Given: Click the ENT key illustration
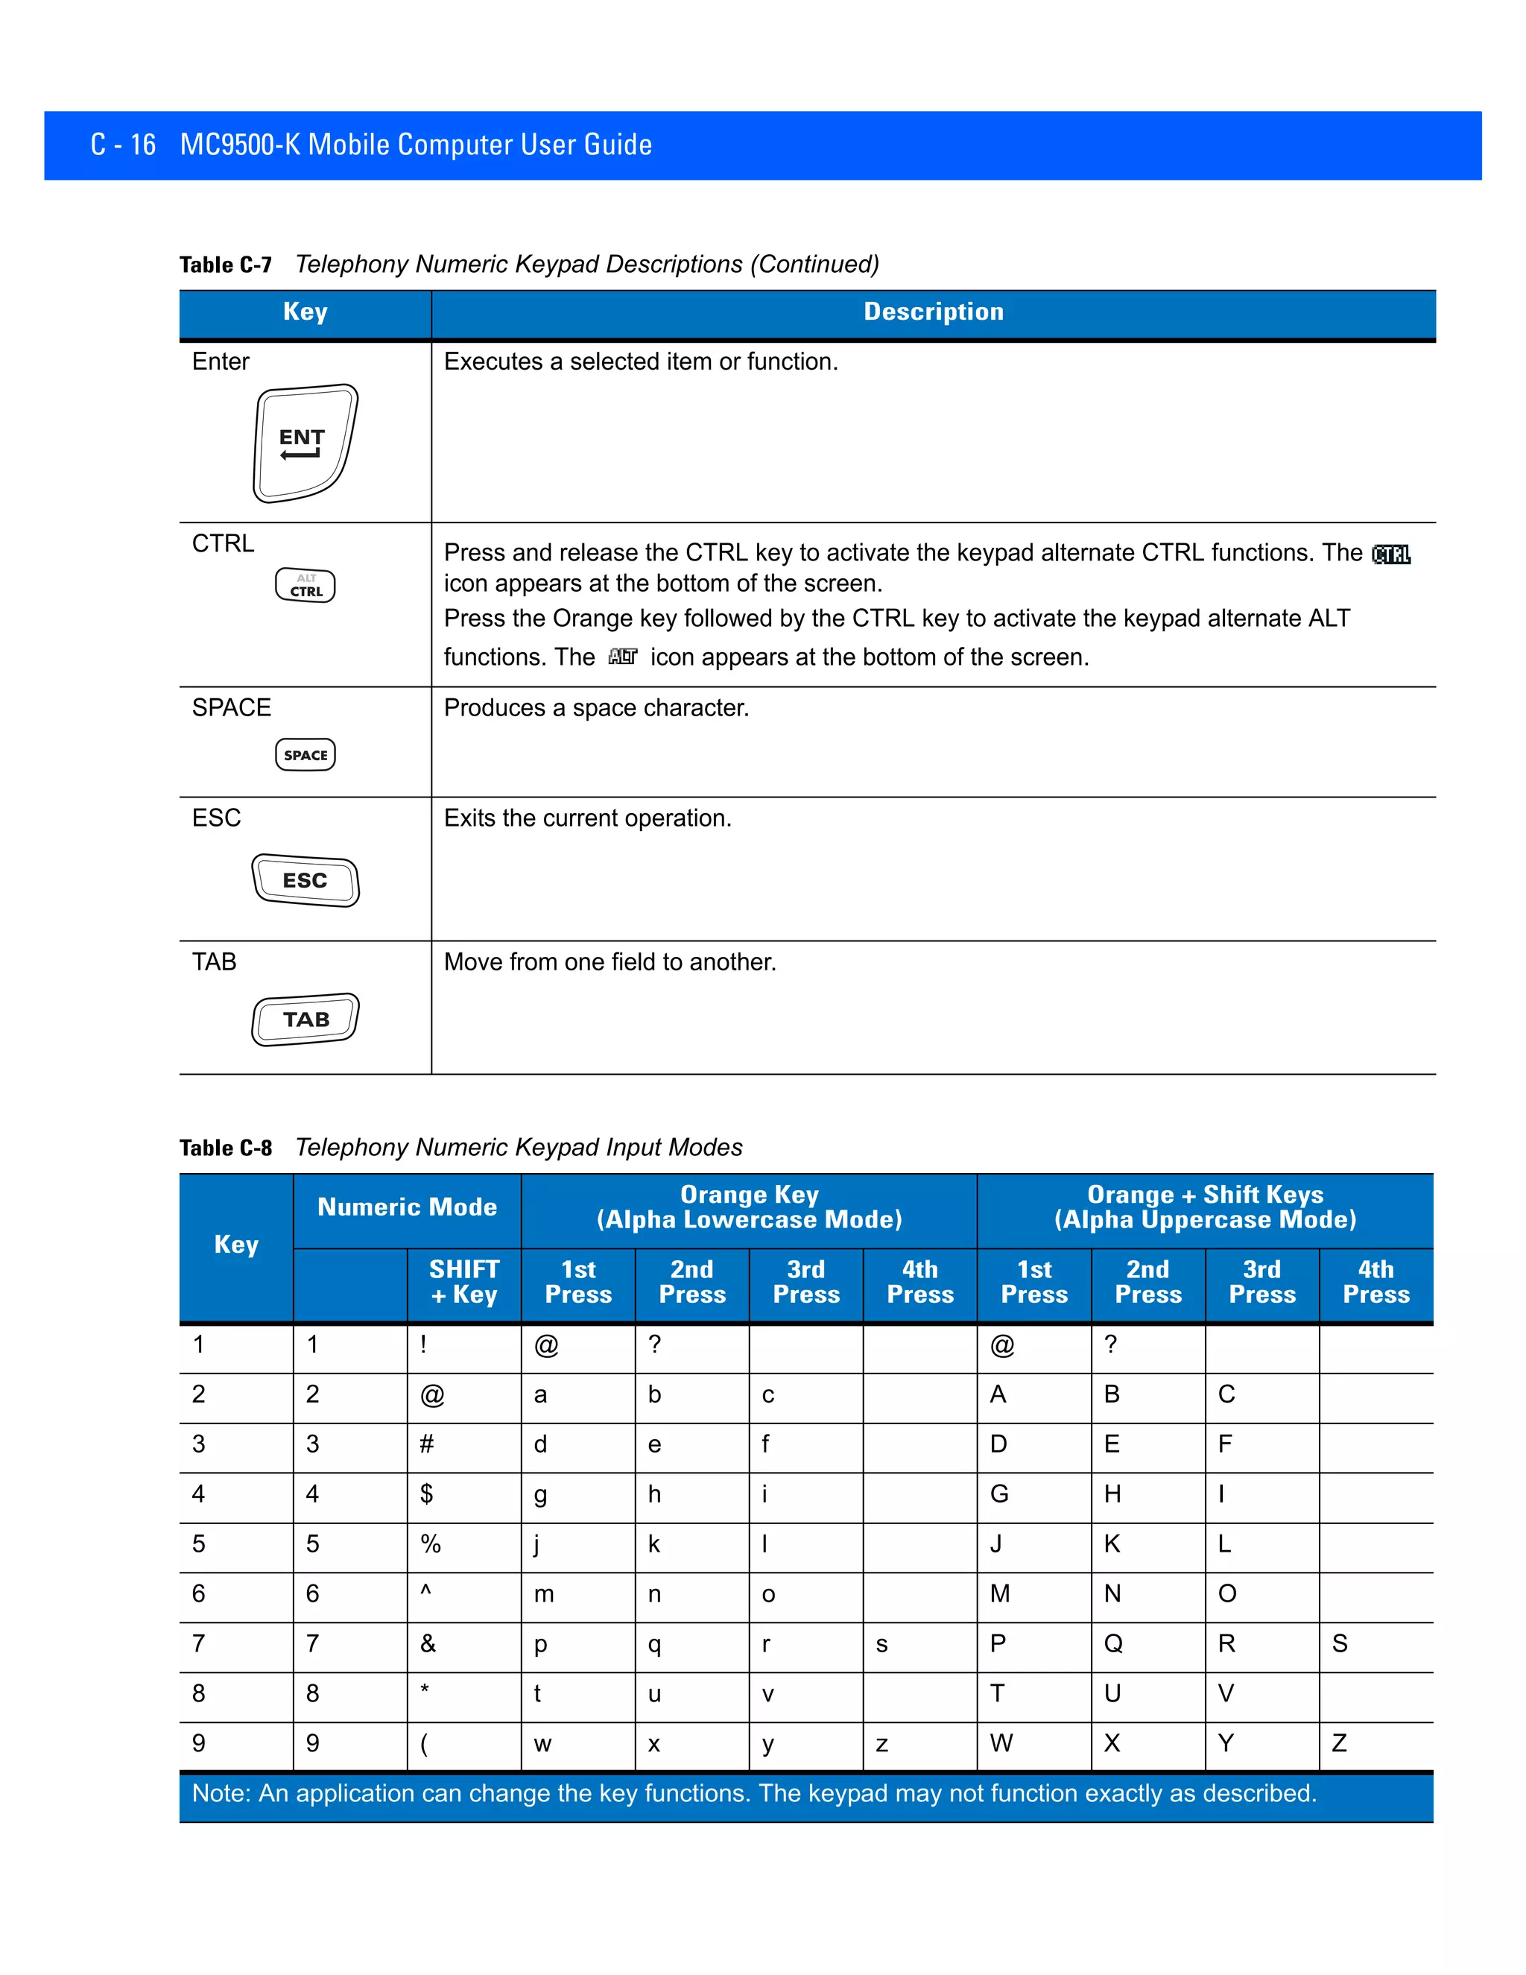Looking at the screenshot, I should (305, 443).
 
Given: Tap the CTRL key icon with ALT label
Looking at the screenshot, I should (305, 585).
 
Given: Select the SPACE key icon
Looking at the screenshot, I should (305, 755).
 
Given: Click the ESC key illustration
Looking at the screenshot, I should (305, 880).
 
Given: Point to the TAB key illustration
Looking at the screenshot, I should (305, 1019).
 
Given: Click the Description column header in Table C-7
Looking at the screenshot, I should (933, 312).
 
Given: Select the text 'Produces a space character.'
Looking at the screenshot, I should (597, 708).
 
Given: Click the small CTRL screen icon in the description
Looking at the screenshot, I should (1390, 554).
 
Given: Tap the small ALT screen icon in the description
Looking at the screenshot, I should (623, 657).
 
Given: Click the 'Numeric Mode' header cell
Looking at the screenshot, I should (407, 1207).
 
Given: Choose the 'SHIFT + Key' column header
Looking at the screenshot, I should (463, 1283).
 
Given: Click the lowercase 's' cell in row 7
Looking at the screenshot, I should (882, 1645).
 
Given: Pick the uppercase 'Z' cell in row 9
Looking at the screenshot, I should (1339, 1743).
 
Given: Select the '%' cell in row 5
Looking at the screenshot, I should (431, 1544).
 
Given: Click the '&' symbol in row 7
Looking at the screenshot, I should (428, 1644).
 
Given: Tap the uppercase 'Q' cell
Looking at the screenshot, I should (1113, 1644).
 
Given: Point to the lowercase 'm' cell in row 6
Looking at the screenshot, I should (543, 1595).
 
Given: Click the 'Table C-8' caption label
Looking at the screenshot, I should (225, 1148).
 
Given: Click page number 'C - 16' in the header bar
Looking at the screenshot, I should (123, 145).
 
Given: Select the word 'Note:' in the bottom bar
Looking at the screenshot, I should (221, 1793).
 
